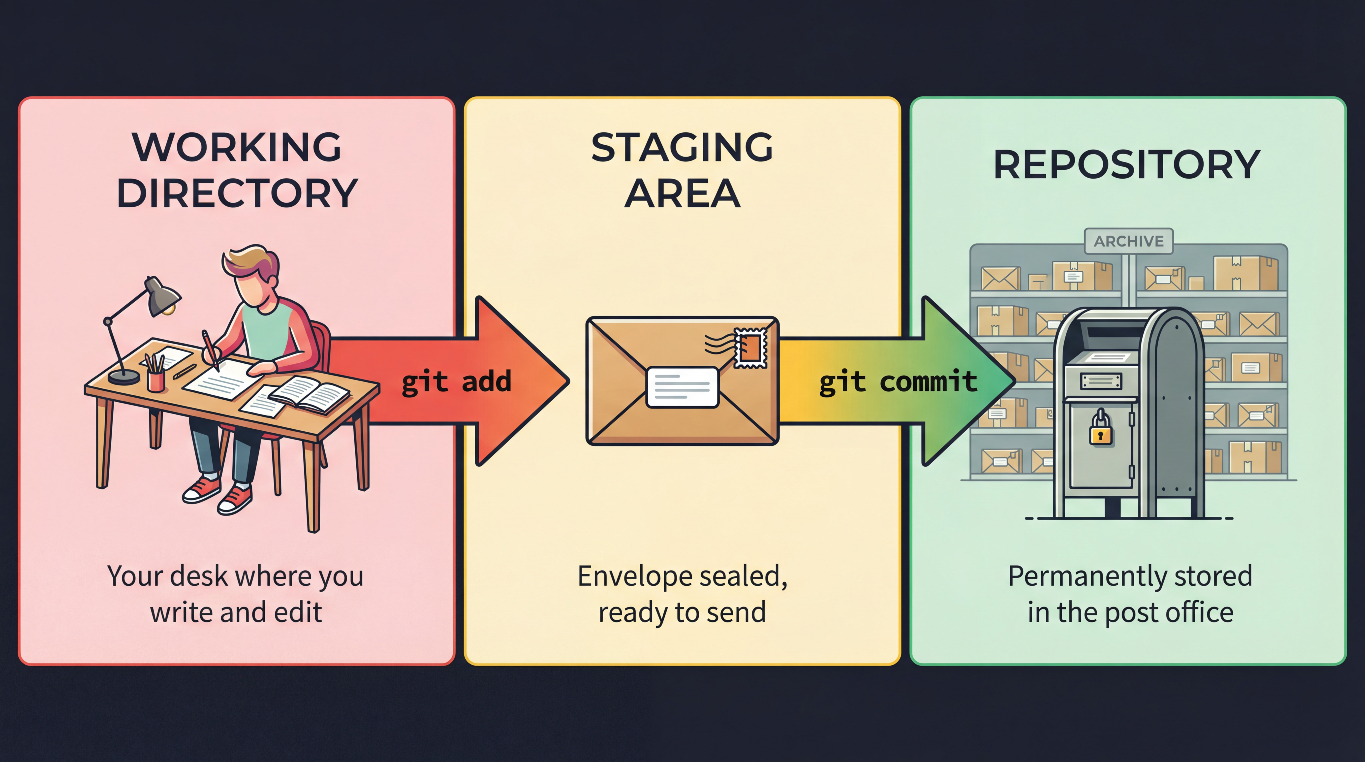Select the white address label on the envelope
tap(682, 387)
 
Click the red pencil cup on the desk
tap(156, 380)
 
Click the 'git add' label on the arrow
tap(456, 381)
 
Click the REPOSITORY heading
tap(1127, 165)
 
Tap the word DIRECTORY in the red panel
tap(237, 193)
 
